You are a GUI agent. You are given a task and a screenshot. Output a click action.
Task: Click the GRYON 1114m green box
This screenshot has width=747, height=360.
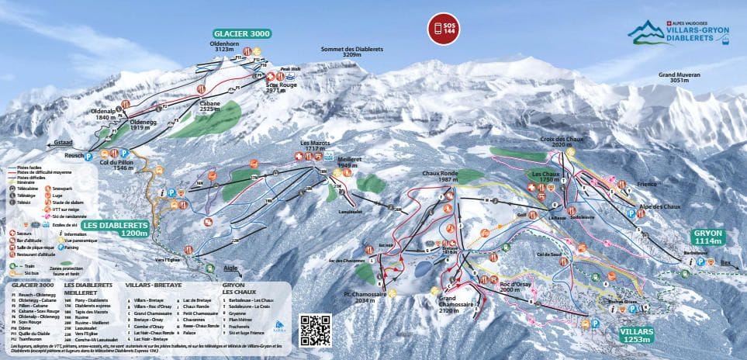708,237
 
